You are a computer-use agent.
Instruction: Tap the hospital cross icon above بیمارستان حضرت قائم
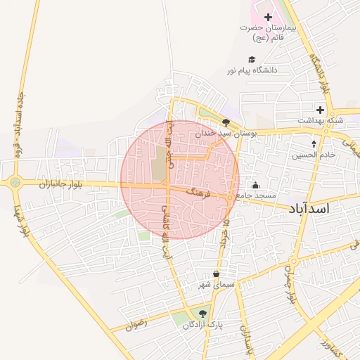tap(268, 16)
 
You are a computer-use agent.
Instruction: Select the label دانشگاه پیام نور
tap(252, 70)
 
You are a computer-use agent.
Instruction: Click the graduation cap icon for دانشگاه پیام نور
tap(252, 59)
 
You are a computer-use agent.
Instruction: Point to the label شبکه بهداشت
tap(320, 120)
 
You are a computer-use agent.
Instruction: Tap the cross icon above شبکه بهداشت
tap(320, 109)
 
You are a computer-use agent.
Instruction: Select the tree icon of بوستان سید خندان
tap(226, 122)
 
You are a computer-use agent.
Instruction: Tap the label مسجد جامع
tap(256, 195)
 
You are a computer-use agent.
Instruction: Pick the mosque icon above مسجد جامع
tap(255, 185)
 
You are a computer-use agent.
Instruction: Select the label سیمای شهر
tap(214, 284)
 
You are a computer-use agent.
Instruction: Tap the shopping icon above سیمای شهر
tap(215, 274)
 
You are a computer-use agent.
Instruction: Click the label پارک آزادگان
tap(202, 325)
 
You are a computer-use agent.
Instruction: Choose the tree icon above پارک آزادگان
tap(203, 314)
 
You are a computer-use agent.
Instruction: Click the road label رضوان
tap(135, 326)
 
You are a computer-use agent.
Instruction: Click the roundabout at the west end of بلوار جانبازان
tap(15, 183)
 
